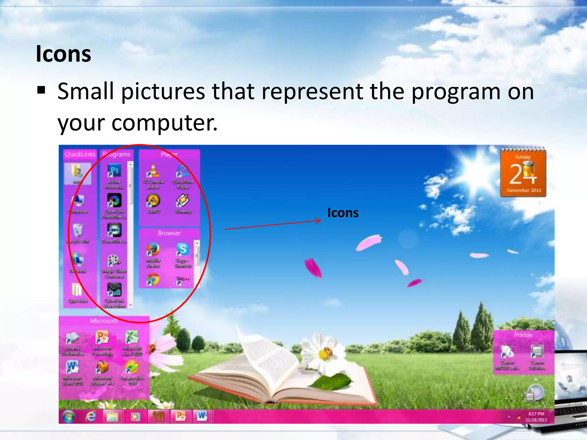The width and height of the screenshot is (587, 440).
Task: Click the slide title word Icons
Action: click(x=63, y=54)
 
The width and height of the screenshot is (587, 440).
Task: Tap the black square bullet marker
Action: click(x=41, y=91)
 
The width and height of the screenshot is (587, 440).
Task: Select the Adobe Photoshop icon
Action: click(x=114, y=171)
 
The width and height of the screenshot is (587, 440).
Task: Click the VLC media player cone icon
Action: click(x=153, y=170)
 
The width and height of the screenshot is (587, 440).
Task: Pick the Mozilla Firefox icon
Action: click(x=153, y=250)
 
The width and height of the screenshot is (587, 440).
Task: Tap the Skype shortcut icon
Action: click(x=183, y=249)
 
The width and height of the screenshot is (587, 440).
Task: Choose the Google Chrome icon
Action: click(x=153, y=279)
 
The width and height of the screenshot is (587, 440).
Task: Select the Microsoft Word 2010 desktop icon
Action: click(x=72, y=367)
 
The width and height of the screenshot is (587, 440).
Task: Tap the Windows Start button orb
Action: click(x=68, y=416)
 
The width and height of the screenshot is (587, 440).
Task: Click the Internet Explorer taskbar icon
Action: click(x=91, y=416)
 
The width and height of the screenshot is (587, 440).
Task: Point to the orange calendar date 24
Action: click(x=522, y=174)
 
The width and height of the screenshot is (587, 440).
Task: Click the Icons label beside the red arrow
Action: click(x=343, y=213)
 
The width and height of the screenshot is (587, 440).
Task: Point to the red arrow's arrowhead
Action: click(x=319, y=221)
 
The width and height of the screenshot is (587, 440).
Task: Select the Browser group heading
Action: click(x=169, y=233)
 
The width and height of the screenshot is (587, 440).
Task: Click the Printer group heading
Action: click(x=523, y=335)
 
